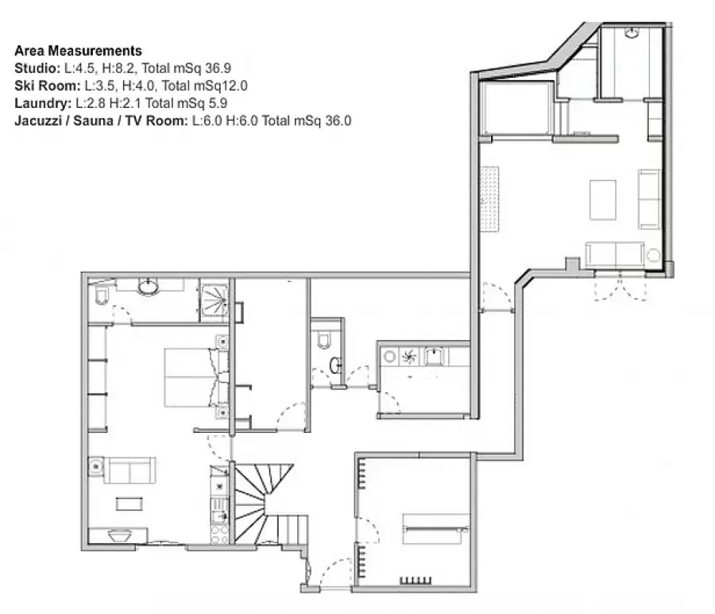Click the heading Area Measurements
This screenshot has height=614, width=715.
pos(78,51)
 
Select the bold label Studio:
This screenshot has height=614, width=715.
pos(37,68)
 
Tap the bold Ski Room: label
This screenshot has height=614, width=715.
pos(48,86)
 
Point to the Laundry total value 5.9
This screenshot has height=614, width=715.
pos(218,103)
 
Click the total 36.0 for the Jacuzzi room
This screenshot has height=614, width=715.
pos(338,121)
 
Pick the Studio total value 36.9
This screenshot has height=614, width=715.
pos(218,68)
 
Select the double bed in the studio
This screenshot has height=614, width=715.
pos(196,377)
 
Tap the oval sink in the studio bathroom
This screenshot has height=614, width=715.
pos(149,287)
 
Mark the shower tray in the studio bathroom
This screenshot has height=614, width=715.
pos(214,299)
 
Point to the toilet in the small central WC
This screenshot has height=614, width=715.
pos(324,339)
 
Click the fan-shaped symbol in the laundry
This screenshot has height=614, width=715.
pos(408,357)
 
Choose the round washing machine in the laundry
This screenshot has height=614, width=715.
pos(389,357)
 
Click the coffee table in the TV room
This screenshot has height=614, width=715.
pos(603,200)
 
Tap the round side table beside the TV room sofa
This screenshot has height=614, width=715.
pos(654,255)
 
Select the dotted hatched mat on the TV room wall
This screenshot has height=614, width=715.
pos(489,199)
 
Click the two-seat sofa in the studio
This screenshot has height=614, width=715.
pos(130,470)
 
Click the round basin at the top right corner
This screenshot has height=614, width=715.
pos(632,33)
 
